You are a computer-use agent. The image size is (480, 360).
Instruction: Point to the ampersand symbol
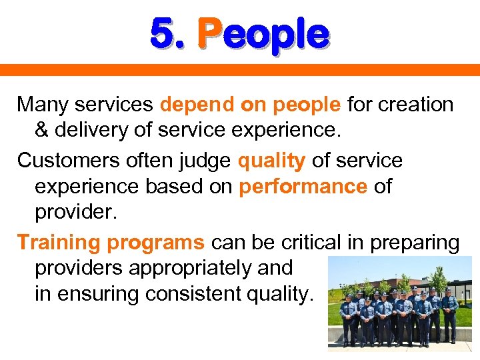[x=41, y=131]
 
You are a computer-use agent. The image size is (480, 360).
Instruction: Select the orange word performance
[x=303, y=187]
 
